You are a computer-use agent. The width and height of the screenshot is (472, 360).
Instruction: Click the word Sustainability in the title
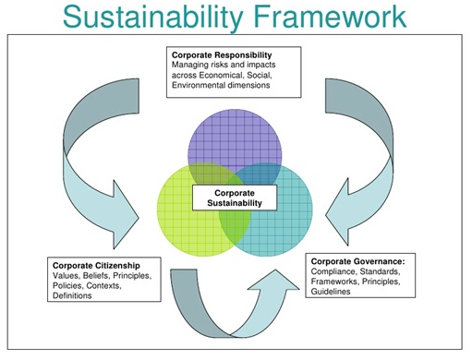[153, 17]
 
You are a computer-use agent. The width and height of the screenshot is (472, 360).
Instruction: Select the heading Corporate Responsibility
[222, 55]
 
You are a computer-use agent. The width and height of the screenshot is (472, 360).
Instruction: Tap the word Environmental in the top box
[198, 85]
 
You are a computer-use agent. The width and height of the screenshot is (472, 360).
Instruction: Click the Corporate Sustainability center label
[235, 198]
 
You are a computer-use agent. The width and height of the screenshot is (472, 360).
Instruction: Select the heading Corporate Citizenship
[96, 265]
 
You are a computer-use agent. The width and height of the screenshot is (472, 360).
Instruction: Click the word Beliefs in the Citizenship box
[95, 275]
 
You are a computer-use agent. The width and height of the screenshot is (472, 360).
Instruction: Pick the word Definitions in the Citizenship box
[72, 295]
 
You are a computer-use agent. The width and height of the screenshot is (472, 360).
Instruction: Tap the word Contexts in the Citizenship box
[103, 285]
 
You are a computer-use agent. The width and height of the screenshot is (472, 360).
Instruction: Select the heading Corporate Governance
[357, 261]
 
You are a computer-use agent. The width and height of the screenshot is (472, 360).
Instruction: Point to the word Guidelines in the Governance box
[331, 292]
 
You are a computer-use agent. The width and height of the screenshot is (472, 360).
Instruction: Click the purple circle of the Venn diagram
[235, 136]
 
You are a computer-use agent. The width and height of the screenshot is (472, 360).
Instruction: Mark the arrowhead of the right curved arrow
[338, 212]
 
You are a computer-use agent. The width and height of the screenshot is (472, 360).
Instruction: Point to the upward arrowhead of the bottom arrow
[274, 281]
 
